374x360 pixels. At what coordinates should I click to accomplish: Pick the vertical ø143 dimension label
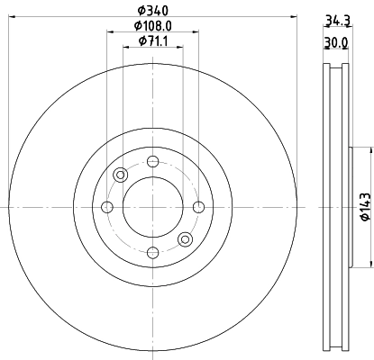tap(365, 207)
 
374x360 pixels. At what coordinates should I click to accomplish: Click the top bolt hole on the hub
tap(152, 162)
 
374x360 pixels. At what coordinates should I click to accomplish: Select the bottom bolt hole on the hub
tap(152, 253)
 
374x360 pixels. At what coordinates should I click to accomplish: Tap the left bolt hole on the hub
tap(107, 208)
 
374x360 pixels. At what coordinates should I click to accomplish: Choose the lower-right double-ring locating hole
tap(185, 239)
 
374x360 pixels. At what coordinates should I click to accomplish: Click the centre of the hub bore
tap(152, 208)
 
